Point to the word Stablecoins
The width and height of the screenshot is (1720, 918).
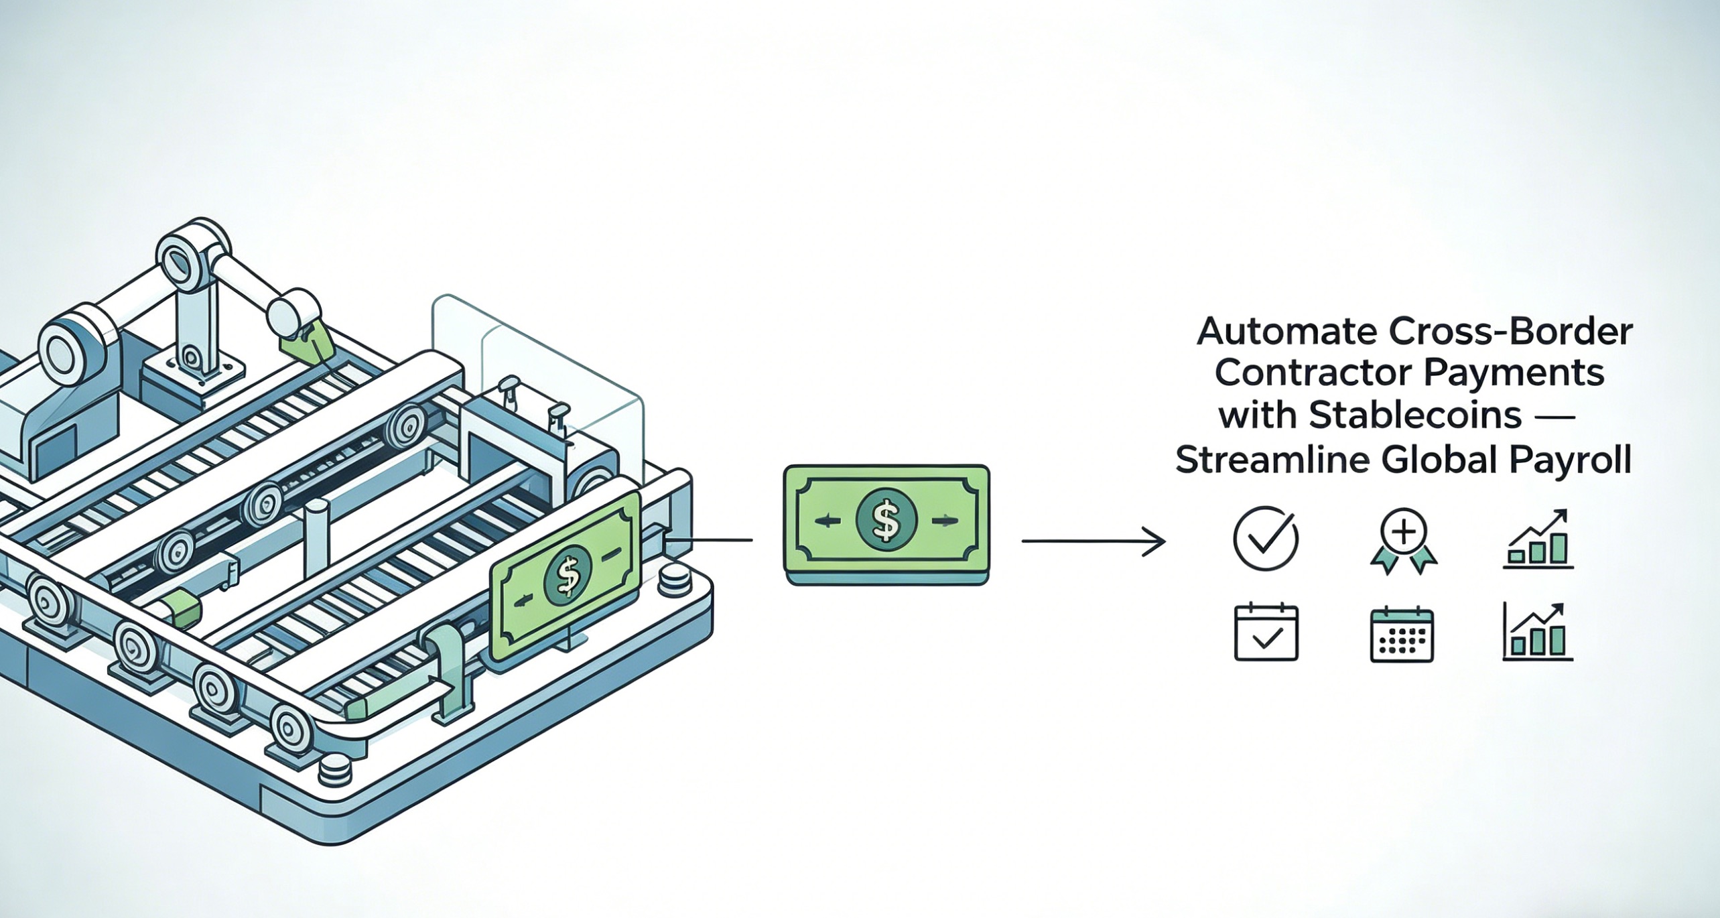pyautogui.click(x=1414, y=416)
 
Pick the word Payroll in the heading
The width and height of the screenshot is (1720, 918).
pyautogui.click(x=1575, y=460)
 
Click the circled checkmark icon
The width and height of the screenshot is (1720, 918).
pyautogui.click(x=1266, y=539)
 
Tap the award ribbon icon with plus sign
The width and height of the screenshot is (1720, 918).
pyautogui.click(x=1404, y=540)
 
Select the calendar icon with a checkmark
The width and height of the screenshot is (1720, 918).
pyautogui.click(x=1266, y=633)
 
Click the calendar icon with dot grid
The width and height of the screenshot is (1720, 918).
pyautogui.click(x=1402, y=635)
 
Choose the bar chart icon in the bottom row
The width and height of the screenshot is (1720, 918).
pyautogui.click(x=1538, y=633)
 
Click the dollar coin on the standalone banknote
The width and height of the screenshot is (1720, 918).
pyautogui.click(x=886, y=521)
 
